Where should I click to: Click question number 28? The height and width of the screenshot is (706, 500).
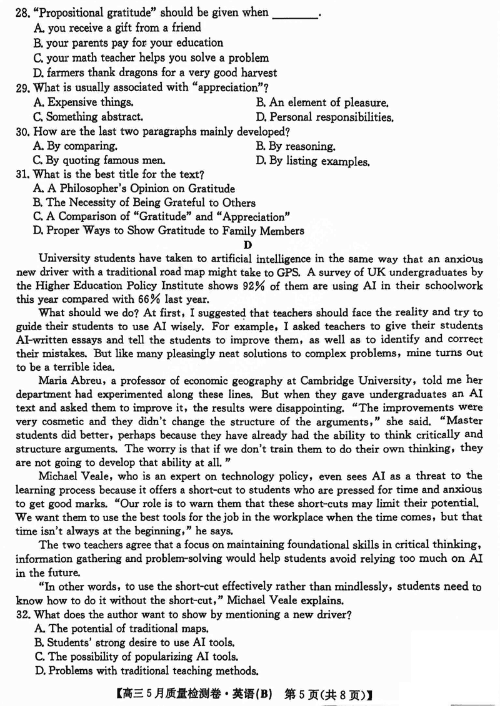coord(24,12)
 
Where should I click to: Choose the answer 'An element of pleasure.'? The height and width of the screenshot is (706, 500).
coord(322,102)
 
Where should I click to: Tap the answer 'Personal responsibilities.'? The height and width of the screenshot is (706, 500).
coord(325,117)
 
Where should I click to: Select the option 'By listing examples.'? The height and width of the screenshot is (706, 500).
coord(312,161)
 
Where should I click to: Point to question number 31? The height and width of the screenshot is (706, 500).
coord(24,174)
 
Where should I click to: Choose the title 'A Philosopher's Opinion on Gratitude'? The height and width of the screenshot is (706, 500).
coord(134,189)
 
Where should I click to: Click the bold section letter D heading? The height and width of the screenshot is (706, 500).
coord(248,245)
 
